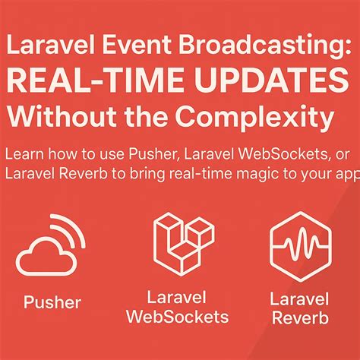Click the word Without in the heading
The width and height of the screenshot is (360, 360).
[55, 117]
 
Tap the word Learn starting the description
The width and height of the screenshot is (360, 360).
[24, 154]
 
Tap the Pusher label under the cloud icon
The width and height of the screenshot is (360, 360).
[52, 303]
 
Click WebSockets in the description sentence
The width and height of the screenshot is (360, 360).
[261, 154]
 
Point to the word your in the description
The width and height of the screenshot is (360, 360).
[319, 173]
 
